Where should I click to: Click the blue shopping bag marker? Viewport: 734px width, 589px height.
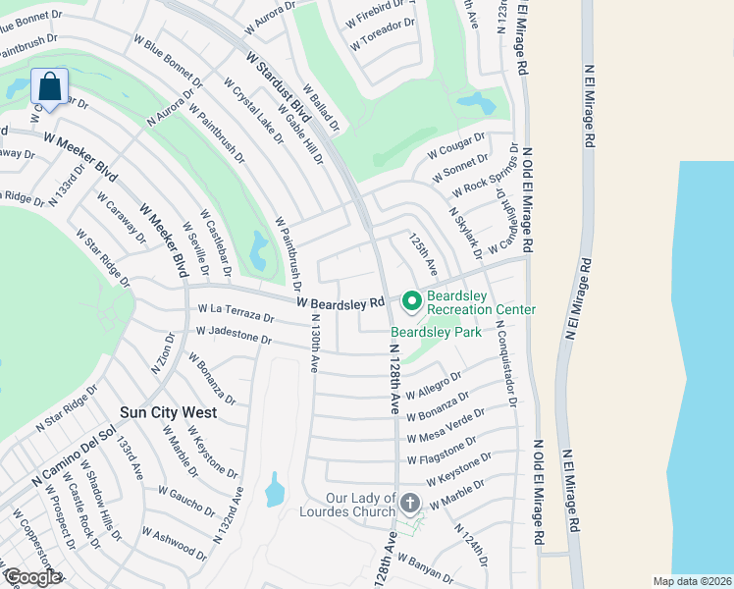(x=49, y=85)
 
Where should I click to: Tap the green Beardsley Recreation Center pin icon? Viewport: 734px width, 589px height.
(x=412, y=299)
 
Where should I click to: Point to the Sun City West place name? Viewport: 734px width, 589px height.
(x=168, y=413)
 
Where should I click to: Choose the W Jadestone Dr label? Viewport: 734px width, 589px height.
(x=234, y=337)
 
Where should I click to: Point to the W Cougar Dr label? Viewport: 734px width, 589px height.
(x=456, y=148)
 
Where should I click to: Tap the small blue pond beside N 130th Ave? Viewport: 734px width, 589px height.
(x=275, y=489)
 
